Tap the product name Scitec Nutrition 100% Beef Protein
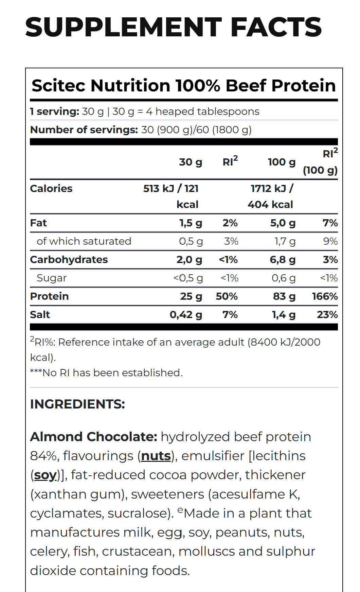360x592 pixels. click(x=183, y=85)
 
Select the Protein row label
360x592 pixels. click(x=49, y=296)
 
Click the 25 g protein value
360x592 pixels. click(x=191, y=296)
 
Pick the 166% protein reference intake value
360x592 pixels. click(x=325, y=296)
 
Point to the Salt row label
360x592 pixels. click(x=40, y=315)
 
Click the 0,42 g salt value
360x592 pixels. click(x=186, y=315)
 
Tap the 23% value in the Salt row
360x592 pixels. click(x=327, y=315)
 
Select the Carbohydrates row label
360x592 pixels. click(x=69, y=260)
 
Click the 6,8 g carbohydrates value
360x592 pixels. click(x=283, y=260)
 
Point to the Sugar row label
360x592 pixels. click(x=52, y=278)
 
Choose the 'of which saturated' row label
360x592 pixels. click(x=84, y=241)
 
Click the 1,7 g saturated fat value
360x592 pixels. click(x=285, y=241)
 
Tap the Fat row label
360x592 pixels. click(x=38, y=223)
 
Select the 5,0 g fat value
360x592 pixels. click(x=283, y=223)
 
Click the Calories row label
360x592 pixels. click(x=51, y=189)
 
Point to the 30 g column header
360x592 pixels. click(x=191, y=162)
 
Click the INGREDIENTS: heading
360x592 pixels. click(x=77, y=404)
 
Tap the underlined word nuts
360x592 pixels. click(x=156, y=456)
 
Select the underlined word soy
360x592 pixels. click(x=45, y=475)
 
